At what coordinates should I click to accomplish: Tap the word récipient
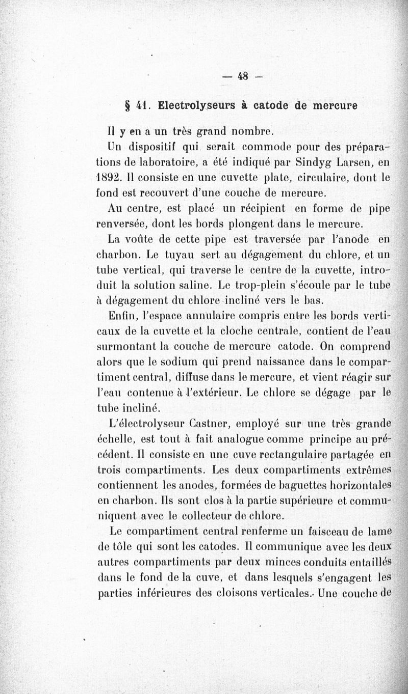[252, 209]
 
